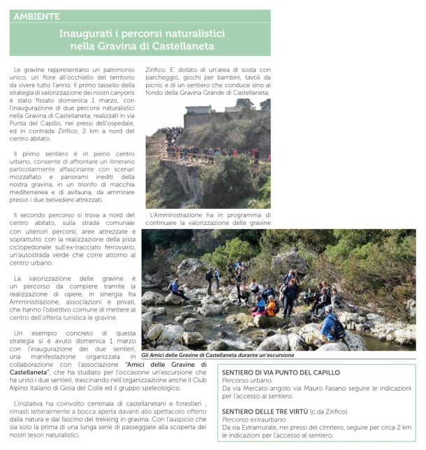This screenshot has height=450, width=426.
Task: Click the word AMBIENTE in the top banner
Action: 36,15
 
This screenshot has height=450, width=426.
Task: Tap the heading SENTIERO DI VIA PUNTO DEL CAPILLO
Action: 281,373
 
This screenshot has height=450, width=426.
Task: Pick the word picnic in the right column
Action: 156,92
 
